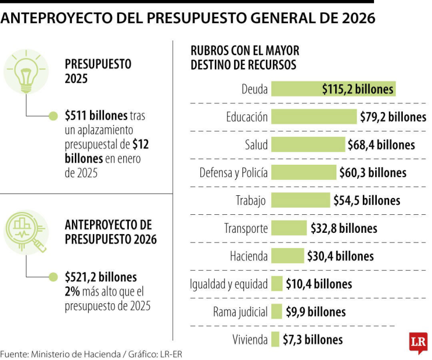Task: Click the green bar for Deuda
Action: [x=332, y=89]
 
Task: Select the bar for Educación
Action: [x=314, y=116]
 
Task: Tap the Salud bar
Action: [x=308, y=145]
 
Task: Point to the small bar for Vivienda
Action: [x=275, y=340]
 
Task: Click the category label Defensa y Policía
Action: [x=233, y=173]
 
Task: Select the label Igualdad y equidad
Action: [x=228, y=284]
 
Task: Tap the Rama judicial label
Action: [x=240, y=312]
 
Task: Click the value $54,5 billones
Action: [x=367, y=200]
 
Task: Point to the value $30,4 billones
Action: [x=340, y=256]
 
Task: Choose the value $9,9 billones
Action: [x=316, y=312]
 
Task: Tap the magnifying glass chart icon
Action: [x=26, y=231]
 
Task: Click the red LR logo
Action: [x=418, y=343]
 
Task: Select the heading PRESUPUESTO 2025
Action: [x=98, y=71]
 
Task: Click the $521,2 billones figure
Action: [x=101, y=277]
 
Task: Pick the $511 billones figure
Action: [x=96, y=115]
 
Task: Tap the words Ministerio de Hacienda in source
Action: [x=79, y=354]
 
